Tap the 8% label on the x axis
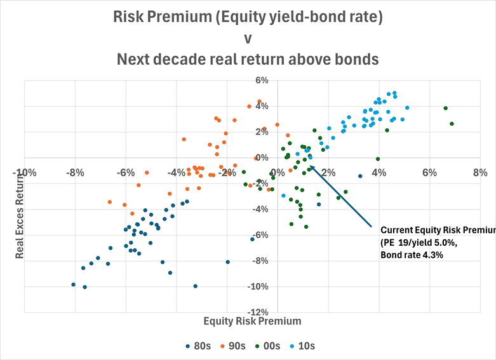(x=479, y=172)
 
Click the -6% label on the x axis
(x=126, y=172)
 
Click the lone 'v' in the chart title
(x=248, y=38)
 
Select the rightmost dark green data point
(x=452, y=124)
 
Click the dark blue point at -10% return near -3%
(x=195, y=286)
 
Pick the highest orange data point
(x=259, y=102)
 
